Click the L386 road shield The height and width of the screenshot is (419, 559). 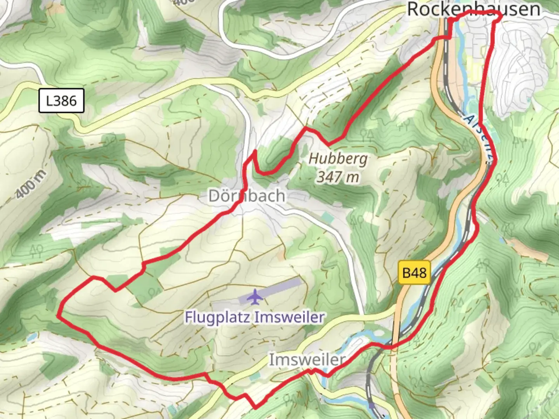click(x=61, y=101)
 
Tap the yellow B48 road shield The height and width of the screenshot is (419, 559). click(x=414, y=273)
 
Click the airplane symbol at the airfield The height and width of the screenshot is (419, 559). click(x=255, y=297)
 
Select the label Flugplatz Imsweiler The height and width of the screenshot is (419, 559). click(x=254, y=317)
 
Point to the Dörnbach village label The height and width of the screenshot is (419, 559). click(x=247, y=196)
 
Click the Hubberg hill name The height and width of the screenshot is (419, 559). click(x=338, y=159)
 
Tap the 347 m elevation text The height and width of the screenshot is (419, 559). click(x=338, y=177)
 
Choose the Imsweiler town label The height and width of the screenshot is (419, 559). click(x=307, y=360)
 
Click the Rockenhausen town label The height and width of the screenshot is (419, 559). click(x=473, y=9)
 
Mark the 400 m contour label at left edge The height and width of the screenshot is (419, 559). click(x=31, y=185)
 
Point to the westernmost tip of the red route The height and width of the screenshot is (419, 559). click(x=58, y=315)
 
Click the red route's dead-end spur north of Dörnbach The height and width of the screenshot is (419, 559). click(x=255, y=151)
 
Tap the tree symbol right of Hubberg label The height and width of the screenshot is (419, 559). click(x=366, y=135)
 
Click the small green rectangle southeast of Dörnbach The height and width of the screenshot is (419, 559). click(x=327, y=217)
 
